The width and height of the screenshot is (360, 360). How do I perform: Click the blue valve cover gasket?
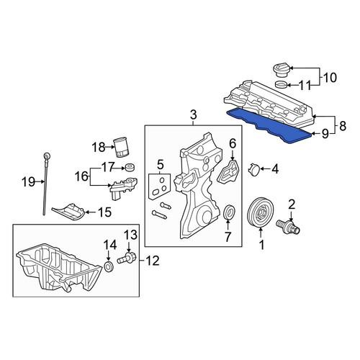(x=269, y=125)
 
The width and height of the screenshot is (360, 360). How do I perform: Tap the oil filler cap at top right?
(x=282, y=70)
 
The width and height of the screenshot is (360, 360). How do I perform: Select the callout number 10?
(x=330, y=78)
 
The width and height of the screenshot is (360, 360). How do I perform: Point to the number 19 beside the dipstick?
(x=28, y=182)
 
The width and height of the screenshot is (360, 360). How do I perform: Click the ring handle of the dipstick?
(x=46, y=156)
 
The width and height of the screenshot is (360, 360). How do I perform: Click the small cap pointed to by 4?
(x=253, y=169)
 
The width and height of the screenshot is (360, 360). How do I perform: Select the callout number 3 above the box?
(x=194, y=114)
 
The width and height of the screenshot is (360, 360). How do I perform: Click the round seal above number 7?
(x=229, y=212)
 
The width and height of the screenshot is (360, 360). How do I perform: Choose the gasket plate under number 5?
(x=159, y=186)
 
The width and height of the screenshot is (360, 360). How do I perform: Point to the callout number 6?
(x=233, y=143)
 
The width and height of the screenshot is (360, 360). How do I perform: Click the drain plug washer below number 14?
(x=109, y=266)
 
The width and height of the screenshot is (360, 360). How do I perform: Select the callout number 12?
(x=152, y=261)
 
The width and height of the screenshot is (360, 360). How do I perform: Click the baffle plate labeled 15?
(x=68, y=211)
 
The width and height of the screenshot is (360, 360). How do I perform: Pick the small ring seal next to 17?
(x=130, y=167)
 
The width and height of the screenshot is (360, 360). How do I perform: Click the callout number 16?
(x=81, y=176)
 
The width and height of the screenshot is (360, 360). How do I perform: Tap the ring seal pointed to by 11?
(x=281, y=85)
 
